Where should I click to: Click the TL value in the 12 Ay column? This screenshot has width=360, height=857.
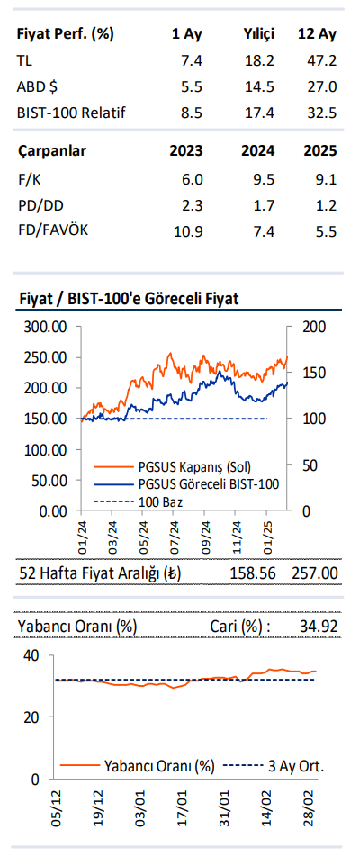[x=321, y=60]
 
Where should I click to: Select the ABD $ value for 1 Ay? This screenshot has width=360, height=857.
[x=192, y=86]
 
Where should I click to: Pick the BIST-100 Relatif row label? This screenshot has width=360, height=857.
[x=71, y=113]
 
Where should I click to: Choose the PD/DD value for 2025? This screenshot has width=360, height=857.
[x=327, y=204]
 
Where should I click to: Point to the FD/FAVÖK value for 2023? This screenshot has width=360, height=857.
[x=188, y=231]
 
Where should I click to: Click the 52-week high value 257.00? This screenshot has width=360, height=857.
[x=315, y=573]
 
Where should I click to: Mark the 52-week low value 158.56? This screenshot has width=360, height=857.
[x=251, y=573]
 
